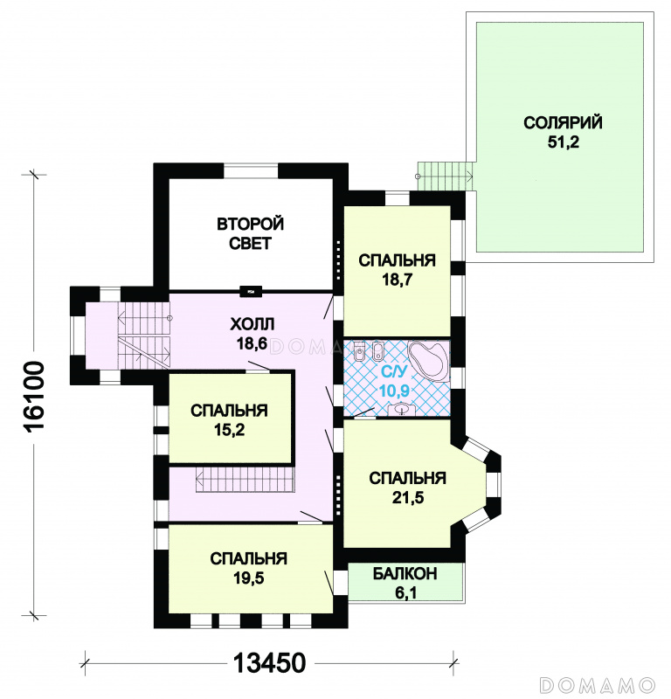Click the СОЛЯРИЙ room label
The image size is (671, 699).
[x=563, y=122]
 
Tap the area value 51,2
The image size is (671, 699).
[x=563, y=142]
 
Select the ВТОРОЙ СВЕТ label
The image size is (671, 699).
[x=250, y=233]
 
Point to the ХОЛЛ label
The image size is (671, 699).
[x=252, y=323]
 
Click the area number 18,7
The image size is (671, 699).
[x=397, y=280]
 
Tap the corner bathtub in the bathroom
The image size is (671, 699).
[x=430, y=361]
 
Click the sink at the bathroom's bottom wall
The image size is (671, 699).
[x=403, y=409]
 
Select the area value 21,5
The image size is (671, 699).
[x=408, y=497]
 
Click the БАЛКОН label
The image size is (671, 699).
[x=405, y=574]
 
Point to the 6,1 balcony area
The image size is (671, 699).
[x=405, y=593]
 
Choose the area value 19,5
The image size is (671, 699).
[x=249, y=578]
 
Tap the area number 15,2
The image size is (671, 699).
[x=229, y=430]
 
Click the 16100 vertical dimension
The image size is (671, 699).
[x=34, y=397]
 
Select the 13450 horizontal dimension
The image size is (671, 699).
[x=270, y=662]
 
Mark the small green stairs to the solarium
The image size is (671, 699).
[x=444, y=176]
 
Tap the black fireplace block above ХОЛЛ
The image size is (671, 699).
[x=251, y=292]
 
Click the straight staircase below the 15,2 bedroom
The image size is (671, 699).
[x=245, y=480]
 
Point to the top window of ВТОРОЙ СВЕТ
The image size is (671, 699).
[x=251, y=170]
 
